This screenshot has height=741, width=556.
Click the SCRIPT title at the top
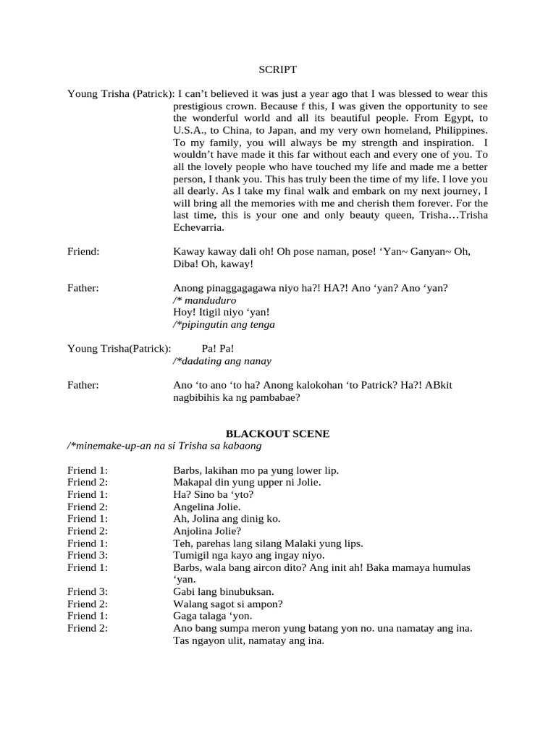(x=278, y=70)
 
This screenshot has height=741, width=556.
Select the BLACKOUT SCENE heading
(x=278, y=434)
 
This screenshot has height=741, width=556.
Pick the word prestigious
(x=199, y=106)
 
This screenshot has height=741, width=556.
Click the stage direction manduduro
(x=209, y=300)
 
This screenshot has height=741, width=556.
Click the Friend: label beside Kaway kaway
(x=83, y=251)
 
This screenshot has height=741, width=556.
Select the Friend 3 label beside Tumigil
(x=88, y=556)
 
